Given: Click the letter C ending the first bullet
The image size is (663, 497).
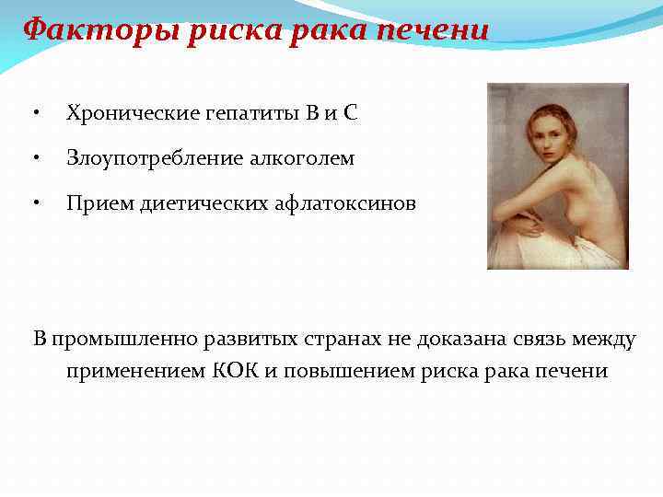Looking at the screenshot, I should [x=350, y=114].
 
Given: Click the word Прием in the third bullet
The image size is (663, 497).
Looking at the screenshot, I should [x=94, y=203].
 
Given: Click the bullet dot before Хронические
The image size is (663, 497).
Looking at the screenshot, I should [x=34, y=114].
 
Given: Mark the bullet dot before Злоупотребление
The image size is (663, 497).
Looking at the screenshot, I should [x=34, y=158].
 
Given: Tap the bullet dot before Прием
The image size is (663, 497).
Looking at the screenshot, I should [x=34, y=203].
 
